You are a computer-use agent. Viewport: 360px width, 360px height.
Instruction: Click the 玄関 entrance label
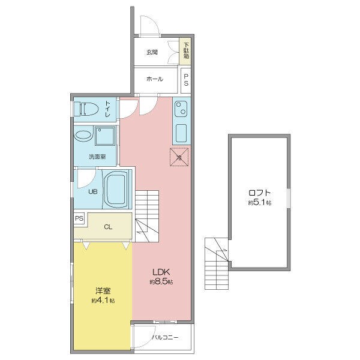(152, 52)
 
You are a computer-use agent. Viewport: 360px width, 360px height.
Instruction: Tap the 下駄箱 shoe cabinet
(185, 51)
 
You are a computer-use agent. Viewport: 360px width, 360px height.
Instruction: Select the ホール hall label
(155, 79)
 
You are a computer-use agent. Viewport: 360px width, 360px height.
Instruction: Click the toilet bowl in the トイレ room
(89, 109)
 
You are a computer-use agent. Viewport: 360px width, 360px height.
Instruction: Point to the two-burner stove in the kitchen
(181, 109)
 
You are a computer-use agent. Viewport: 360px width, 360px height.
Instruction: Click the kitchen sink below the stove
(181, 133)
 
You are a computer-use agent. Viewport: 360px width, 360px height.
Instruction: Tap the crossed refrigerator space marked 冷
(179, 157)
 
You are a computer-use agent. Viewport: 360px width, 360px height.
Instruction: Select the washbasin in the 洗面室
(83, 136)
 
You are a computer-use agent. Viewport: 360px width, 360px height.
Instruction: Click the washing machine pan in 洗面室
(105, 136)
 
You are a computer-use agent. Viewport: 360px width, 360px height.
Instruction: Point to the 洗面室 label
(97, 157)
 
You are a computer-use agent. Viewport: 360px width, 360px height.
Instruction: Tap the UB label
(93, 191)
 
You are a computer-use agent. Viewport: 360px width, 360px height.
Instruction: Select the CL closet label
(108, 227)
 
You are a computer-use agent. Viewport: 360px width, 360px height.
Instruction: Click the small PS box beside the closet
(79, 218)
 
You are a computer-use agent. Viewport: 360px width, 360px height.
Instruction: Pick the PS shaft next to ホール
(186, 80)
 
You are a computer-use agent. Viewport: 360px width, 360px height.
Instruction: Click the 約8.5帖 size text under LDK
(161, 282)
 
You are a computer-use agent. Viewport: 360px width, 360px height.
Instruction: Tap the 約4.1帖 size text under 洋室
(103, 301)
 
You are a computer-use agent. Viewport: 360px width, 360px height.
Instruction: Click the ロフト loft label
(260, 193)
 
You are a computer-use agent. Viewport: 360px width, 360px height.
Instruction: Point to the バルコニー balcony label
(166, 337)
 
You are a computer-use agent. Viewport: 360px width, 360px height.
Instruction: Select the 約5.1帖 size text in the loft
(260, 203)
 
